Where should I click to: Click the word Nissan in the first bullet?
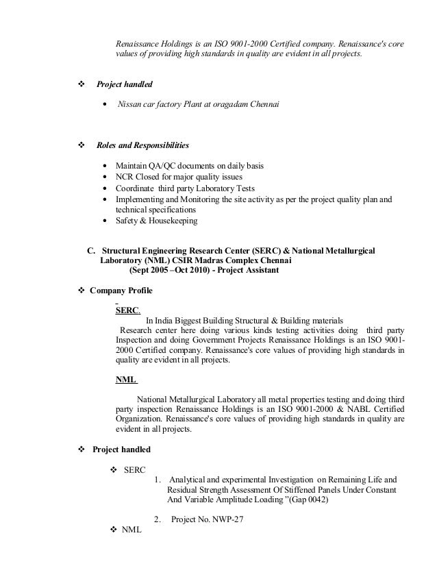[x=130, y=105]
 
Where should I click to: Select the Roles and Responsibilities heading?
[x=142, y=146]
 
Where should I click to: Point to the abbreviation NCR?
[x=125, y=177]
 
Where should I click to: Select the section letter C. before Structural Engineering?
[x=88, y=251]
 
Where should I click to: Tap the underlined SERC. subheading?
[x=127, y=310]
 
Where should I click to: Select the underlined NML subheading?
[x=126, y=380]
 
